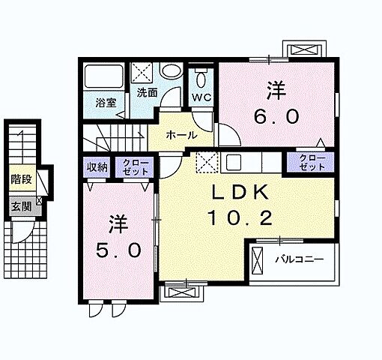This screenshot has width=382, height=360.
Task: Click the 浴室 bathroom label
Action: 106,103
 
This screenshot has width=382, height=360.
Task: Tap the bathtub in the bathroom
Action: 103,76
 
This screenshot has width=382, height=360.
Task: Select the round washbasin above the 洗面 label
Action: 171,70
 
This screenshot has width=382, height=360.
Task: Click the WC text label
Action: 201,97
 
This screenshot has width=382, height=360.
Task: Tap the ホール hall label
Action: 181,135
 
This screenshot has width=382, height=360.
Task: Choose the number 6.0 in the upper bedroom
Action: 276,117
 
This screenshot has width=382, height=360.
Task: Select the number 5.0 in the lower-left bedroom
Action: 118,250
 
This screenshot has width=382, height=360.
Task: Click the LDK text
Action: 240,193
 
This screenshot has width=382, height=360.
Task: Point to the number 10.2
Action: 240,218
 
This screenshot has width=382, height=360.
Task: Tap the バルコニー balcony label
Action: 300,259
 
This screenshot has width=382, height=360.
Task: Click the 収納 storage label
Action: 97,167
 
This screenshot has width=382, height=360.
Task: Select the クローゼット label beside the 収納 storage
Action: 136,167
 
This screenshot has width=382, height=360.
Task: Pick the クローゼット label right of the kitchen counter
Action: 312,163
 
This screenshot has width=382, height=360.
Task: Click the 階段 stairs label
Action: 21,179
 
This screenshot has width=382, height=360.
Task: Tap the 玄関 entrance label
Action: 21,206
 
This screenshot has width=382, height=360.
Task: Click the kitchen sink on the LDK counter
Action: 234,162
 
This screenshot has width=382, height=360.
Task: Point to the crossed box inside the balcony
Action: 257,261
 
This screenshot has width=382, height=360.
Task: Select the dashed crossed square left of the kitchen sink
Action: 207,163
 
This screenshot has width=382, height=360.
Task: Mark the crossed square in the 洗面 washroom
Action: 142,72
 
